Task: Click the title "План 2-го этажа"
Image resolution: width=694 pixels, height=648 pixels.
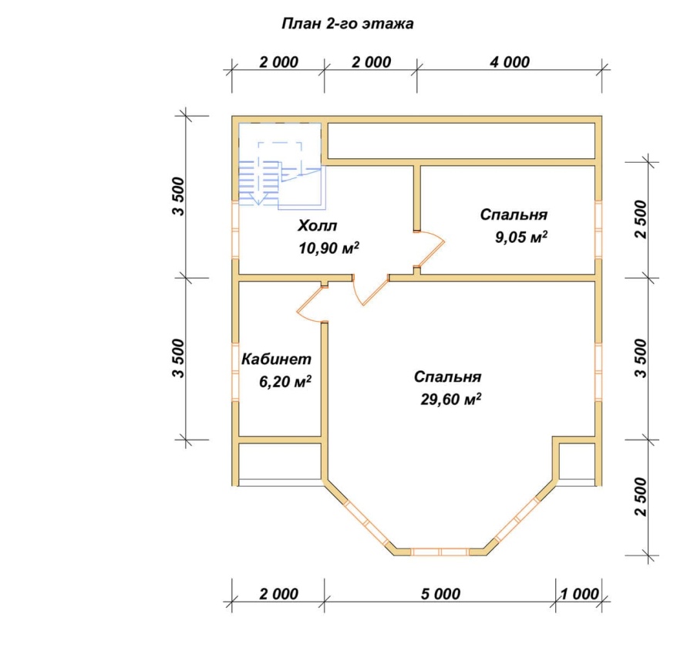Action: coord(348,23)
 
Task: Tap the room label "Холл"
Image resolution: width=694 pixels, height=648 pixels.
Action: coord(318,225)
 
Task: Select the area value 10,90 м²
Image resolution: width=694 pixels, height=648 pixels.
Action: coord(328,248)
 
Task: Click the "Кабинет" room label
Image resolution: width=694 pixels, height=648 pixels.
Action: coord(276,359)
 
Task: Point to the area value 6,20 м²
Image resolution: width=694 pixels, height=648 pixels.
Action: coord(285,381)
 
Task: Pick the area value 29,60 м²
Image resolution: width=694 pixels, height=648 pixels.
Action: coord(450,399)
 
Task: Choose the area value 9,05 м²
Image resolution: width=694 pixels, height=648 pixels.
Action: coord(521,237)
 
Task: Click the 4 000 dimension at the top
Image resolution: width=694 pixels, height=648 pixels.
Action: coord(510,62)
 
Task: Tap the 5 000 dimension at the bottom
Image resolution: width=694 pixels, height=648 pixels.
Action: coord(440,593)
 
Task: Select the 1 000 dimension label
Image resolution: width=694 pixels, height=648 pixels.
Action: coord(579,593)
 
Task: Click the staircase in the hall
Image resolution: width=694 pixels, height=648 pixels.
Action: coord(282,166)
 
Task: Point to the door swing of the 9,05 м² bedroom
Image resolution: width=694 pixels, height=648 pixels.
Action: coord(430,249)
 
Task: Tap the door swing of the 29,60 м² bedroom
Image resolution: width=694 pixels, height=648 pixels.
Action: coord(370,290)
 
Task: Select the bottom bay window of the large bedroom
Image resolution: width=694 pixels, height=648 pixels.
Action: coord(440,552)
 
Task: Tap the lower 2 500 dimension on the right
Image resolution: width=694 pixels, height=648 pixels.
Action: coord(641,497)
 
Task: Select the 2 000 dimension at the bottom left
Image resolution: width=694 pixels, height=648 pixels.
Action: coord(279,593)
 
